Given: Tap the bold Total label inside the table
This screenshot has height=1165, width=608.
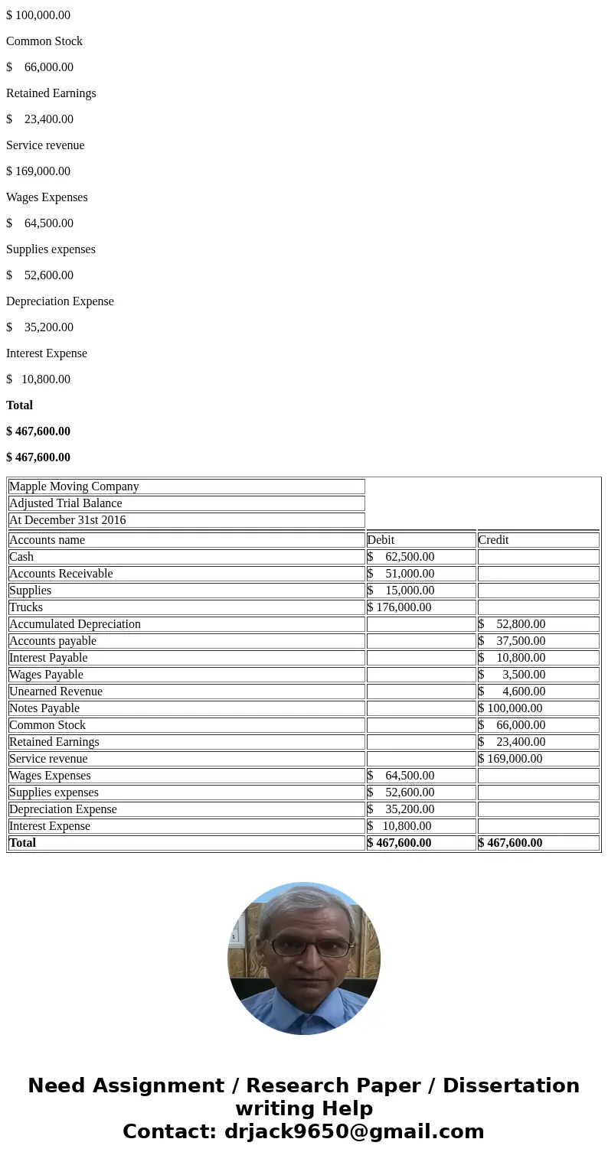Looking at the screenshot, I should click(x=22, y=843).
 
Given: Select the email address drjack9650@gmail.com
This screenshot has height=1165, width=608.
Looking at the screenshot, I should click(x=354, y=1132).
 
